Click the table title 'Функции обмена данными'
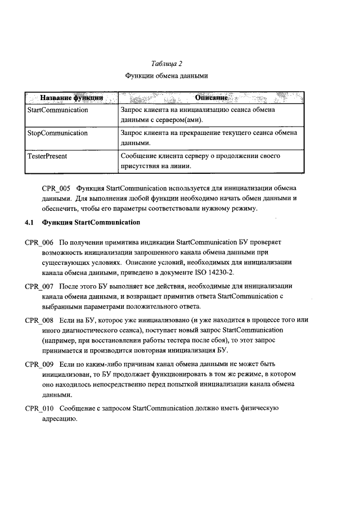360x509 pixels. coord(170,76)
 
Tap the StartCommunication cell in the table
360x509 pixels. coord(58,110)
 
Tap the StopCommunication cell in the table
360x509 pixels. coord(57,133)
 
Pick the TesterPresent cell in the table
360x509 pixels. coord(47,156)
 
